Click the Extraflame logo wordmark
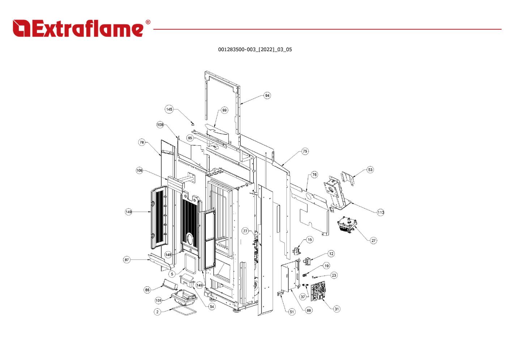click(78, 29)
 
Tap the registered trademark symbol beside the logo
click(148, 22)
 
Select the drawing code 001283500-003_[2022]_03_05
click(255, 50)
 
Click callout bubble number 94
click(267, 95)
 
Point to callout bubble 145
click(169, 109)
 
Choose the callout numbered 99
click(225, 110)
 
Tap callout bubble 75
click(305, 151)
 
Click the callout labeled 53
click(370, 170)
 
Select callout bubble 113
click(381, 212)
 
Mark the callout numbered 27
click(373, 240)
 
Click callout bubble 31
click(337, 309)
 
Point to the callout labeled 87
click(127, 260)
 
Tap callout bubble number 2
click(157, 312)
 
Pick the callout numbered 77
click(245, 231)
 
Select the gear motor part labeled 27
click(347, 225)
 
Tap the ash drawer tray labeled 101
click(184, 297)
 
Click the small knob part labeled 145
click(193, 124)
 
